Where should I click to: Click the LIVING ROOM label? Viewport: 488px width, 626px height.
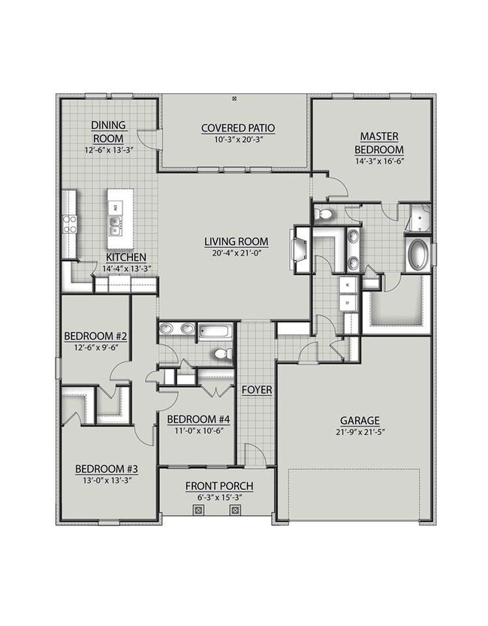[236, 241]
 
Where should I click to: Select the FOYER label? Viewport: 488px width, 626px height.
[257, 390]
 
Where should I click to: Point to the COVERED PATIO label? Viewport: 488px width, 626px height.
[235, 128]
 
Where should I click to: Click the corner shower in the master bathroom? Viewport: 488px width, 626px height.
[417, 218]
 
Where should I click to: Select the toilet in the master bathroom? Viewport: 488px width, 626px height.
[324, 215]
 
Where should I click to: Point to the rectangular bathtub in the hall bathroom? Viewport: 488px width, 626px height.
[218, 330]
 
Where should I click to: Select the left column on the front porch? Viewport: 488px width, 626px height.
[198, 510]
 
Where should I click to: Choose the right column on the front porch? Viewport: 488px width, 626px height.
[234, 510]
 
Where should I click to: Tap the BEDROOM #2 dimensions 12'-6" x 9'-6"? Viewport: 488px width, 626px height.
[95, 347]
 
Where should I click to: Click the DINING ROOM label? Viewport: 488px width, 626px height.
[109, 132]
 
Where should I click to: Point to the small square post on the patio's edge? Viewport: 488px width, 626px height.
[235, 97]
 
